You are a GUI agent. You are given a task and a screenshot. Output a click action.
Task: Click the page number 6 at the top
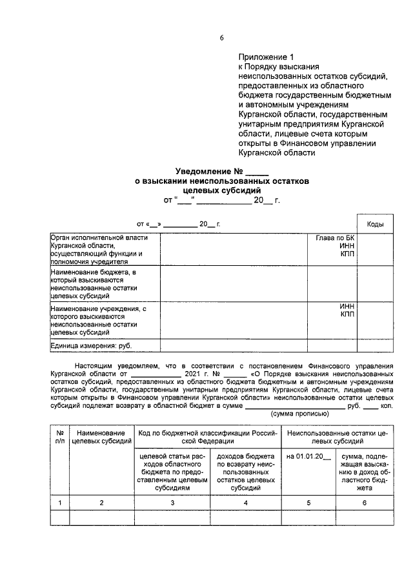point(221,38)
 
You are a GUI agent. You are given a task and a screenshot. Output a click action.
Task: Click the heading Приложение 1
point(265,57)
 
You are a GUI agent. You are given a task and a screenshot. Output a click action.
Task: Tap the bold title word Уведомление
point(203,172)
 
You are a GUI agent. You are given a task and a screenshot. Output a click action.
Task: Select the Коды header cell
point(375,224)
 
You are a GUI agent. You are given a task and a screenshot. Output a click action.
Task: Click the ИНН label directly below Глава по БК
point(347,246)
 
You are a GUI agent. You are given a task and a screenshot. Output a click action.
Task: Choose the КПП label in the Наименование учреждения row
point(347,314)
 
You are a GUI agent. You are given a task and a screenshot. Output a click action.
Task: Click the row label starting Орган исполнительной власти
point(97,249)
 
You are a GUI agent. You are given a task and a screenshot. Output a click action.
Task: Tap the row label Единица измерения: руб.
point(90,346)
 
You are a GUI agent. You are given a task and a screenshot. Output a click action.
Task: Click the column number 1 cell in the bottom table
point(59,501)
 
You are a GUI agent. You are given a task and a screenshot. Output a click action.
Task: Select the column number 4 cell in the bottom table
point(244,501)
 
